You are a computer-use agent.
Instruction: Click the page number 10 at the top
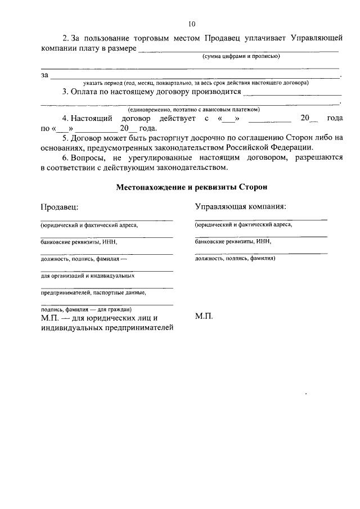tap(192, 24)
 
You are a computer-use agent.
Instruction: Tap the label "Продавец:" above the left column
tap(59, 206)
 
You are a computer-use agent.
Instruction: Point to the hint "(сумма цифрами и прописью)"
tap(241, 57)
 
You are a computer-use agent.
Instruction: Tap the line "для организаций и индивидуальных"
tap(87, 276)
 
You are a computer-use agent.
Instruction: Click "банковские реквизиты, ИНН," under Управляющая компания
tap(233, 241)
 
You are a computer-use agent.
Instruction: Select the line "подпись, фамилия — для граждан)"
tap(85, 309)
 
